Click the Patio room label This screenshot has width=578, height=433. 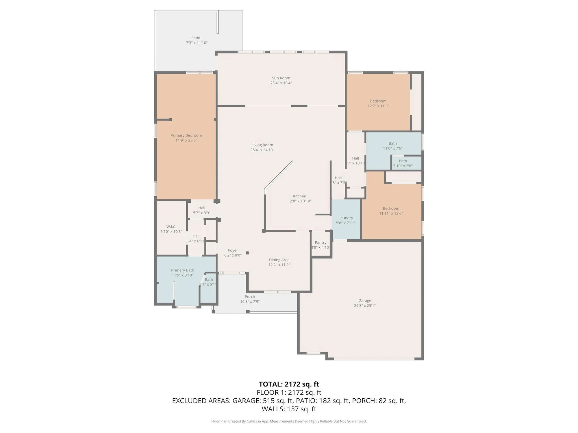click(196, 38)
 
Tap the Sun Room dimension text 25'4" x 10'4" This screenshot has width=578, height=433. click(281, 83)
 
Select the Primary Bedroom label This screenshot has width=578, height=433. click(186, 135)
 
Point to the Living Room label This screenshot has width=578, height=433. click(262, 145)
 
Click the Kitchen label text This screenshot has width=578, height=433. click(299, 196)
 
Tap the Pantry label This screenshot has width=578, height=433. click(321, 242)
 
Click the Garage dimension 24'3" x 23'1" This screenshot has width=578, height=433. click(365, 306)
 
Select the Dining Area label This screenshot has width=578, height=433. click(279, 260)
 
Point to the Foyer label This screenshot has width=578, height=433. click(233, 250)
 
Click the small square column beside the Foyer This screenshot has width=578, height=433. click(247, 253)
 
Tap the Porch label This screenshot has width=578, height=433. click(250, 296)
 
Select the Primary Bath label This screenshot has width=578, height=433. click(182, 270)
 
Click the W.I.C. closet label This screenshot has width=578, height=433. click(171, 227)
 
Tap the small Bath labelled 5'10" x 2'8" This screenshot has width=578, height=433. click(403, 163)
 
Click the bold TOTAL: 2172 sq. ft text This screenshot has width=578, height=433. click(289, 384)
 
